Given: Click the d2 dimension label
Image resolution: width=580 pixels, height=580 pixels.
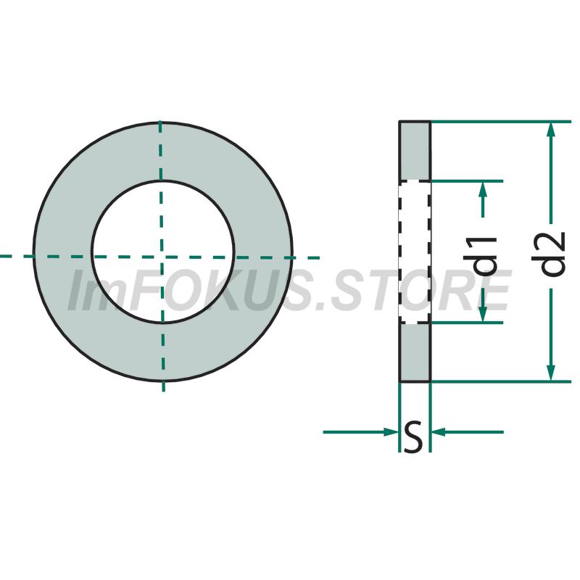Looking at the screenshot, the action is (550, 254).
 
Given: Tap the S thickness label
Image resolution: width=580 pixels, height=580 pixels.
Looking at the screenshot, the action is (413, 437).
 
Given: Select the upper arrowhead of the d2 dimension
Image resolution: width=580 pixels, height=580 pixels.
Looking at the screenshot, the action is (551, 130).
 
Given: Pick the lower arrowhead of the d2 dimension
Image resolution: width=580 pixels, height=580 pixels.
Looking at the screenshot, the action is (551, 373).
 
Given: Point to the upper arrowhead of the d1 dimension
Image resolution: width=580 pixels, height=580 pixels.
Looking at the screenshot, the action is (483, 189).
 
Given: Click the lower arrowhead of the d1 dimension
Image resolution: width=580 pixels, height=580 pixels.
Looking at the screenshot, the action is (483, 315).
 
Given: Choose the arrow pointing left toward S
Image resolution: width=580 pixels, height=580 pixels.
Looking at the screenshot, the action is (467, 431).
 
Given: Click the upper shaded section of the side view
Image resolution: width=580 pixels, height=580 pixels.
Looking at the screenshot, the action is (415, 152).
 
